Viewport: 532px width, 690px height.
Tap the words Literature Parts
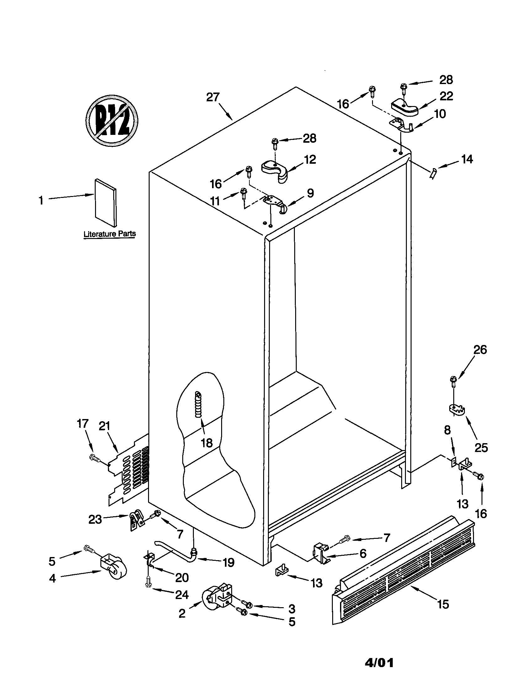pyautogui.click(x=109, y=234)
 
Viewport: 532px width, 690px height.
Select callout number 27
pyautogui.click(x=213, y=97)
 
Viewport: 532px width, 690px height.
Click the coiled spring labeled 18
pyautogui.click(x=198, y=405)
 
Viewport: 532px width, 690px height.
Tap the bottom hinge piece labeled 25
pyautogui.click(x=457, y=411)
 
